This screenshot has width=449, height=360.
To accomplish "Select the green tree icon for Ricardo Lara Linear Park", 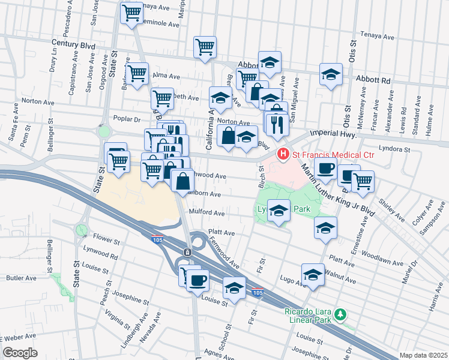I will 340,314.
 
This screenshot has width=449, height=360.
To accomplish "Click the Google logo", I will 20,353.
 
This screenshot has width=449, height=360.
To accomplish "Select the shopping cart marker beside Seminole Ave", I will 131,13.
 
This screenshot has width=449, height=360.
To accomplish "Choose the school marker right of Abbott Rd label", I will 330,75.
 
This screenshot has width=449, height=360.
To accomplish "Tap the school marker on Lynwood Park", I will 278,211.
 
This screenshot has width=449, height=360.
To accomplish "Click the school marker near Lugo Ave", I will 312,275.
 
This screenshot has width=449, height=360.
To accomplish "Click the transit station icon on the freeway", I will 187,252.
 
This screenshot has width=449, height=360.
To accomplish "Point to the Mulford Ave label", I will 206,213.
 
